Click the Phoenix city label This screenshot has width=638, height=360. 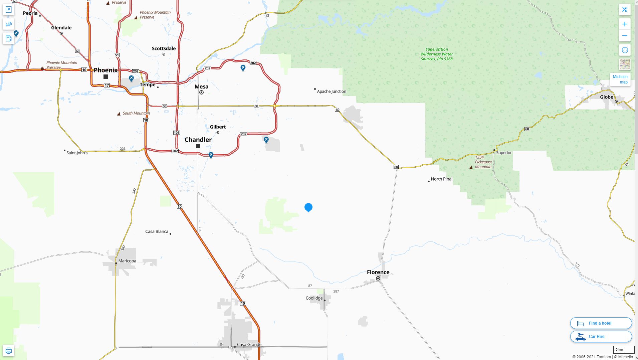105,70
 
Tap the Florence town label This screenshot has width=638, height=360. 378,272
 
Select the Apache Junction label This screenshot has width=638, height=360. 331,91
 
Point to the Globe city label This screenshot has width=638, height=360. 606,97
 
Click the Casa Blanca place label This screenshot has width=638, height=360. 157,231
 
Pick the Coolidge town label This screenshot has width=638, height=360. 314,298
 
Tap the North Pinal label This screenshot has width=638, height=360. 441,179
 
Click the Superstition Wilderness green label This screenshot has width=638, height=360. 437,54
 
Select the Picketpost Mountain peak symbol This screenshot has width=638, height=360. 471,167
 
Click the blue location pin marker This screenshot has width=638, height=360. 308,207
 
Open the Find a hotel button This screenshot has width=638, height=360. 601,323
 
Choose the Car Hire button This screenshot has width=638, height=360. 601,336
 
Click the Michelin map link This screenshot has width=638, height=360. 620,79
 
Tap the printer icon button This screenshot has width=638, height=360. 9,351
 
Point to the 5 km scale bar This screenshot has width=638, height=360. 623,350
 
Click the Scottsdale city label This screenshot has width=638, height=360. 164,48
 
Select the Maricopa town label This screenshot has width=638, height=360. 127,261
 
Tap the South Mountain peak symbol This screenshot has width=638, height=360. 119,114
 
